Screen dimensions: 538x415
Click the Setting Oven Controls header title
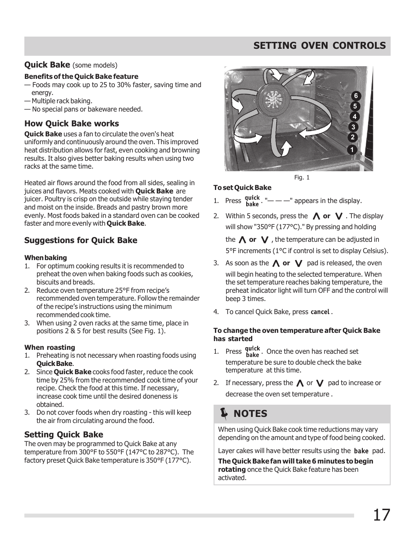click(319, 46)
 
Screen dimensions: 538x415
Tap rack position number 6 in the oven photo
click(356, 96)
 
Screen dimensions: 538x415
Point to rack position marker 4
click(355, 117)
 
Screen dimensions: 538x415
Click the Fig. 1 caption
click(301, 178)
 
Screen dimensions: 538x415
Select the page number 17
click(381, 515)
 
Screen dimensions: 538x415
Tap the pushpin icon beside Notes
click(224, 413)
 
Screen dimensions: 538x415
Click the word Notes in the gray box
click(251, 414)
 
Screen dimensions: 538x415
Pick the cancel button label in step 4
click(320, 312)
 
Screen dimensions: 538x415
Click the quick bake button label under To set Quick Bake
click(252, 201)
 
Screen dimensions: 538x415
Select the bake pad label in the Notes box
click(361, 451)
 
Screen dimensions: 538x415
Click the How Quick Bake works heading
click(71, 124)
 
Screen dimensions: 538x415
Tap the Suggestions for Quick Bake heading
click(80, 240)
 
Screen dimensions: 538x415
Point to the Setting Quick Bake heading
click(64, 434)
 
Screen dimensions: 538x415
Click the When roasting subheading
click(50, 348)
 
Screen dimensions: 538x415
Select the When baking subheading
click(46, 258)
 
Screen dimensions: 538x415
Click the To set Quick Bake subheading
click(242, 188)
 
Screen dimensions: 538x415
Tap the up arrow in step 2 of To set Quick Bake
click(316, 216)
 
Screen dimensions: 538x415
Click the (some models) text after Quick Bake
click(95, 65)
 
